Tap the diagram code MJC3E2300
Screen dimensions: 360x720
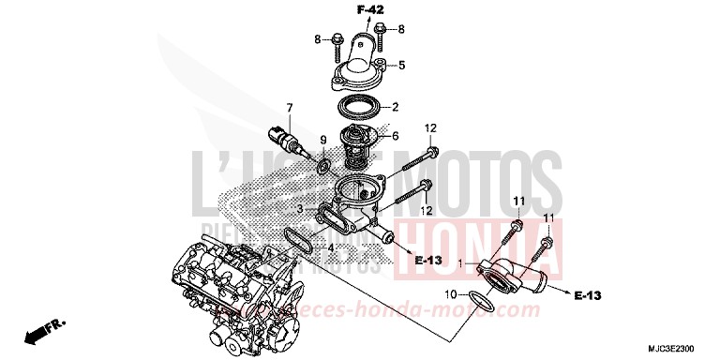[680, 346]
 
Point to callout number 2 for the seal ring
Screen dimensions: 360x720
[397, 106]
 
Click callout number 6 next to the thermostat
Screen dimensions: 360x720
[396, 136]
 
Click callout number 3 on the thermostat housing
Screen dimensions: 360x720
[299, 207]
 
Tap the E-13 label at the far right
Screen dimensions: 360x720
[589, 295]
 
